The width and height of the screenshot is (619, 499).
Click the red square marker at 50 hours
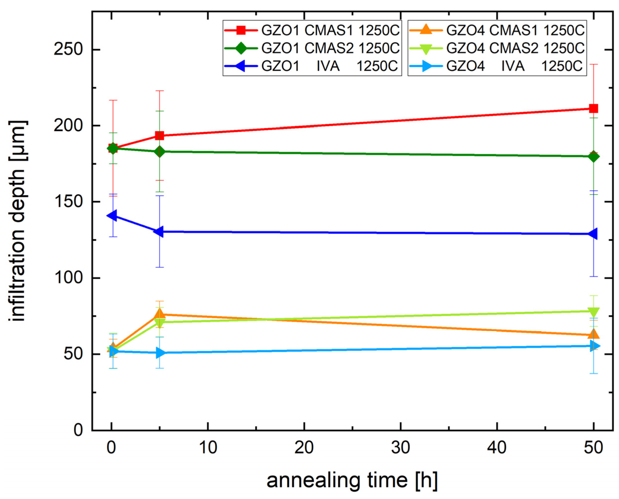593,109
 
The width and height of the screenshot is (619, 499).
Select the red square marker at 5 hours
160,136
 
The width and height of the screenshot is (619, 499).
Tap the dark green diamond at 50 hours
593,157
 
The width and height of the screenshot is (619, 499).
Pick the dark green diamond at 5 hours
160,151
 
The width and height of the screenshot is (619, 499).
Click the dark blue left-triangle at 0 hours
112,215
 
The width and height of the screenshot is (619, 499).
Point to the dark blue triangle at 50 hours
593,234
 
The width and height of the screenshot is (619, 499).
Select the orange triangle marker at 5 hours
160,314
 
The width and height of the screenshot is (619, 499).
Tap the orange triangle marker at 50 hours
593,334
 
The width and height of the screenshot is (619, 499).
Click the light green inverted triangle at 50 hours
593,312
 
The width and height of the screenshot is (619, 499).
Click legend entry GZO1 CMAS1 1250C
312,30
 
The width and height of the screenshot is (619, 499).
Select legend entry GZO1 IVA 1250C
312,66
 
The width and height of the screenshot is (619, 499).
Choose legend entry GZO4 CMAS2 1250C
497,48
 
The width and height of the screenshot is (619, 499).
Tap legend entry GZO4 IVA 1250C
497,66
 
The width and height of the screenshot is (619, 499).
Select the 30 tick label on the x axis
400,448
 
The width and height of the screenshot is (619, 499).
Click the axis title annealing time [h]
352,481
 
